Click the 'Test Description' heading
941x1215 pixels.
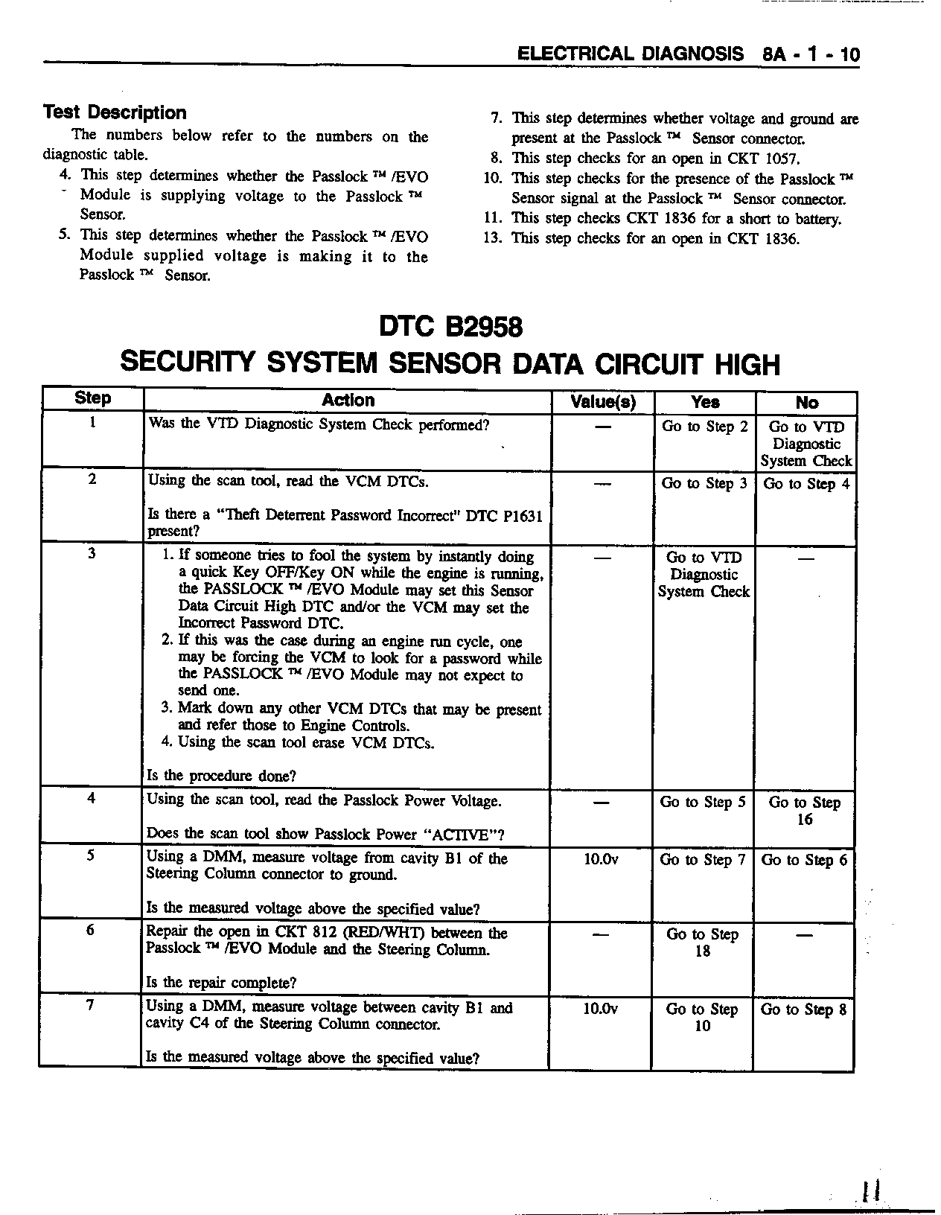(115, 112)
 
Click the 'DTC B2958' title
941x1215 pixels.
(450, 327)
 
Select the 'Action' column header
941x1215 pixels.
(348, 401)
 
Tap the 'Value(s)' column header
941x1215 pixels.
(602, 402)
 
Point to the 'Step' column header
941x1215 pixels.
(92, 398)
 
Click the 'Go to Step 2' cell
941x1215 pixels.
(704, 427)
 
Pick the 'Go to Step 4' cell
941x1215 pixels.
(805, 484)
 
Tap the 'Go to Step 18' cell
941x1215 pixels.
(703, 943)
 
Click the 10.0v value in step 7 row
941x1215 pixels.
(601, 1009)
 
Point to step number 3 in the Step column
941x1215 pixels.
(92, 553)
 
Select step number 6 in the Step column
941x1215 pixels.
(90, 930)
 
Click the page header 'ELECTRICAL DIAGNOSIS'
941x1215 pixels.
(630, 54)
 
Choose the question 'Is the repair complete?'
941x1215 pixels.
(221, 983)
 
